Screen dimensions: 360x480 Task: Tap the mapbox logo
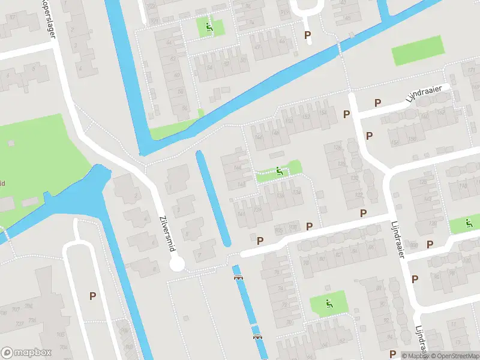point(26,352)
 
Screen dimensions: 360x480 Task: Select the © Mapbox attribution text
point(414,356)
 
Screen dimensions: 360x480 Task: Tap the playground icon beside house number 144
point(279,172)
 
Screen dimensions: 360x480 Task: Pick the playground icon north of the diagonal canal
point(209,27)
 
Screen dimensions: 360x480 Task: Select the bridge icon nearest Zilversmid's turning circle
point(238,277)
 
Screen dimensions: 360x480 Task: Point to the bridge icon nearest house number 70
point(258,337)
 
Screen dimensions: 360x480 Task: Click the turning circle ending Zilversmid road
point(177,265)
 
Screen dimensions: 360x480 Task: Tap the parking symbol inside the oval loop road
point(92,296)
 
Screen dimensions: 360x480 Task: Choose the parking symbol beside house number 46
point(308,36)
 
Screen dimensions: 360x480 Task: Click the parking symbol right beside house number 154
point(346,114)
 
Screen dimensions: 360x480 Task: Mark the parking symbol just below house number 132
point(363,214)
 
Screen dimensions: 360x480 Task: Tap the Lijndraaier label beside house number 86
point(398,238)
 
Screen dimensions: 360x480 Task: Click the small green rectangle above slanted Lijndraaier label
point(416,52)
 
